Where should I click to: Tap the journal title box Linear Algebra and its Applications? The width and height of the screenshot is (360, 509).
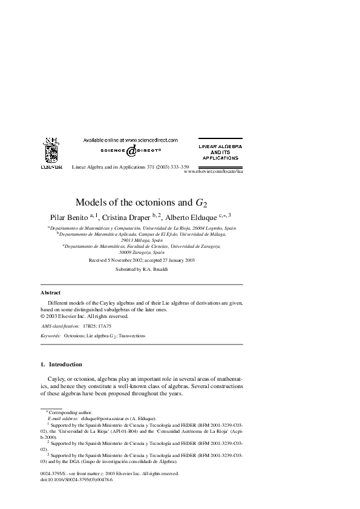(x=220, y=152)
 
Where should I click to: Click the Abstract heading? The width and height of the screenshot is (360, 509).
(x=50, y=292)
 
